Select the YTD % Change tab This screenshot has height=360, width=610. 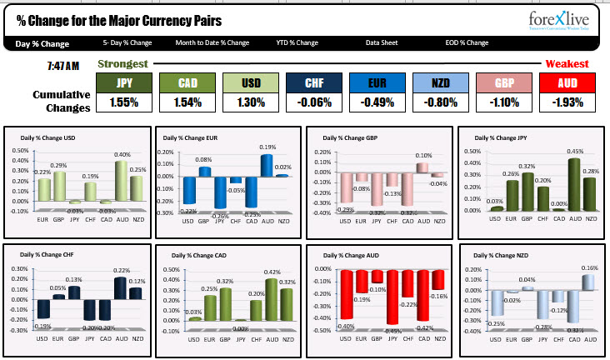click(297, 42)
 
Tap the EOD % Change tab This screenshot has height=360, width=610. click(467, 42)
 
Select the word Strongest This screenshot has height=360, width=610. click(122, 63)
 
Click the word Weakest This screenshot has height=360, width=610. click(567, 63)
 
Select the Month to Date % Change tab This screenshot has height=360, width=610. click(212, 42)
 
